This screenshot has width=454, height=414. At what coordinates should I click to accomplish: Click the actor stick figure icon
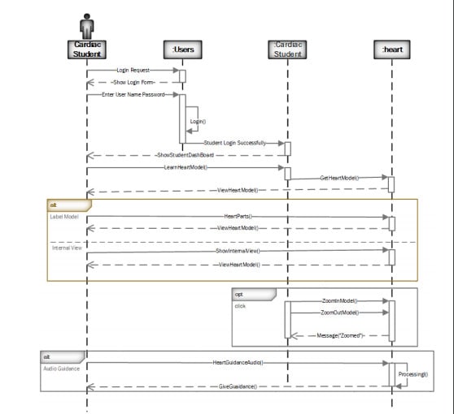tap(87, 24)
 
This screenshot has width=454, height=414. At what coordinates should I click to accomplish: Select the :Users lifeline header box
tap(181, 50)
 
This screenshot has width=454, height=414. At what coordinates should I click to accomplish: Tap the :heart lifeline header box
tap(392, 50)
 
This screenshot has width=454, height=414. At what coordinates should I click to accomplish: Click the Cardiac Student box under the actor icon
tap(87, 50)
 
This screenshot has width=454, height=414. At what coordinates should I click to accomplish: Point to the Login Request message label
tap(133, 71)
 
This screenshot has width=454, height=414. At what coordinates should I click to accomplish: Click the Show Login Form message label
tap(133, 82)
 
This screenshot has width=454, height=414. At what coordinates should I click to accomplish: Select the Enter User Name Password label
tap(133, 95)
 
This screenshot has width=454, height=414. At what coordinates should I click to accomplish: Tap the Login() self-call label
tap(198, 121)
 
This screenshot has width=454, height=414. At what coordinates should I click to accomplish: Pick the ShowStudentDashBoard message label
tap(185, 155)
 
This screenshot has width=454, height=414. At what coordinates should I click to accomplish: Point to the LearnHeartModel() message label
tap(186, 167)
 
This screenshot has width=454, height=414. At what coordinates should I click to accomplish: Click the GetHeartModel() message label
tap(339, 177)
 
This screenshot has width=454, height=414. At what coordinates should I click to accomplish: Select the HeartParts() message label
tap(238, 217)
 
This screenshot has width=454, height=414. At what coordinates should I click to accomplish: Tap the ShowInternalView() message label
tap(238, 252)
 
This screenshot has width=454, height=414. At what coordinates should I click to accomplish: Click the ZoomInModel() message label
tap(339, 300)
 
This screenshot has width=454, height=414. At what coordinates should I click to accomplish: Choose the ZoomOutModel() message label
tap(339, 313)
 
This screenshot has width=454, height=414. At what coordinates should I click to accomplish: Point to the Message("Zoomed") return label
tap(339, 335)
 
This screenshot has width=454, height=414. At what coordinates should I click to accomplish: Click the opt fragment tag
tap(242, 294)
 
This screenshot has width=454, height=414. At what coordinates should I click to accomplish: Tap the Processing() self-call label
tap(413, 375)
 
